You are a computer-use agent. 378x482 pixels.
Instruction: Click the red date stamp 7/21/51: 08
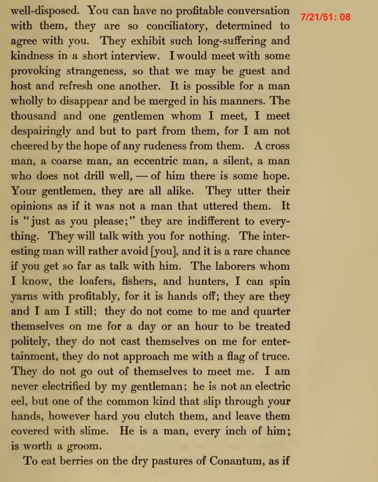(325, 17)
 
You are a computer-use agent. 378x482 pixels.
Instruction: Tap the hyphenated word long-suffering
(213, 40)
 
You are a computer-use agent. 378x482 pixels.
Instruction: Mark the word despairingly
(41, 131)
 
